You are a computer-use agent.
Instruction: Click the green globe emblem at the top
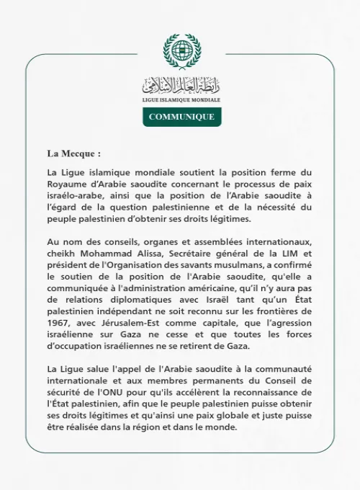pos(181,51)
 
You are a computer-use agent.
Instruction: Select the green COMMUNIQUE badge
pos(181,117)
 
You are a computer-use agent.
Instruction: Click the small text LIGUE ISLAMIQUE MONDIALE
pos(181,99)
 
